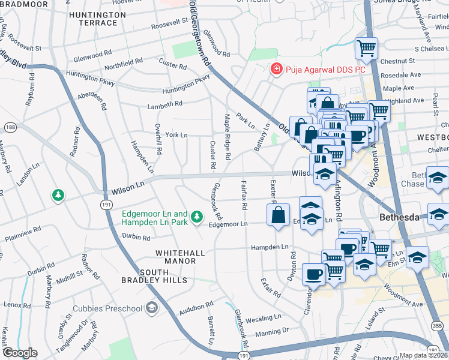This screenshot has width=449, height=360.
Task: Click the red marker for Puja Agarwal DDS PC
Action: click(276, 70)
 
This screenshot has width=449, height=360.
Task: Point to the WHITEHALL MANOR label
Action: click(176, 257)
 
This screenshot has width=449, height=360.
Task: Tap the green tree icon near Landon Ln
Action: click(58, 195)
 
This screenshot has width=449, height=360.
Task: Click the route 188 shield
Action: click(10, 127)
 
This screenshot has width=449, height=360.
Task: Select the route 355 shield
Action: click(437, 325)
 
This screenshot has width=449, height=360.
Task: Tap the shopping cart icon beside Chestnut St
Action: click(366, 47)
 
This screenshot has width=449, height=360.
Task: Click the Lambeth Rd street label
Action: click(165, 104)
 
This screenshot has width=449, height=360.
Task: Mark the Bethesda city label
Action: click(402, 217)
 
